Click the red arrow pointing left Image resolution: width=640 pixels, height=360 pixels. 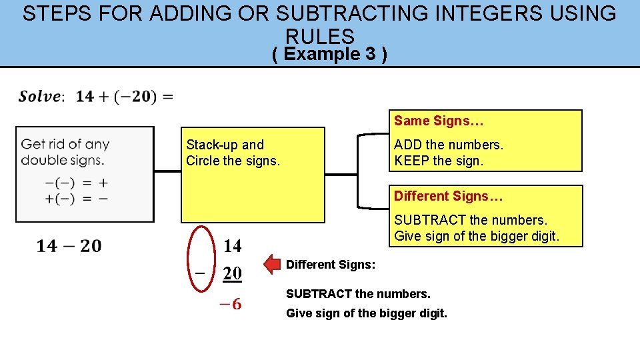pos(273,265)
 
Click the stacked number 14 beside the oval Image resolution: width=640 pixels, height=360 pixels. pos(233,246)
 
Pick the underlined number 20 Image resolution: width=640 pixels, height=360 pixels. pos(233,273)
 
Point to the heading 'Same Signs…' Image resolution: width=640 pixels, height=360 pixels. pos(438,121)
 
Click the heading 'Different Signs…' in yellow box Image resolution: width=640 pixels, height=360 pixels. pos(448,196)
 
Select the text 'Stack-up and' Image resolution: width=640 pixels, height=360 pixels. pos(225,145)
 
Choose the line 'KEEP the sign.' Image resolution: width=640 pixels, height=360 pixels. pos(438,161)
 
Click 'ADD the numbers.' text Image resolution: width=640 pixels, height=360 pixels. pos(449,145)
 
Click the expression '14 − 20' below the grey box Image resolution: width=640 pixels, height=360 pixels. pos(69,246)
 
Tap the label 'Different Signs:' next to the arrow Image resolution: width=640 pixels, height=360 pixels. pos(331,265)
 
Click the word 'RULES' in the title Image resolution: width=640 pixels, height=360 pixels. pos(320,36)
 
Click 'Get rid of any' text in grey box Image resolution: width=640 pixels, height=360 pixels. pos(65,144)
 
